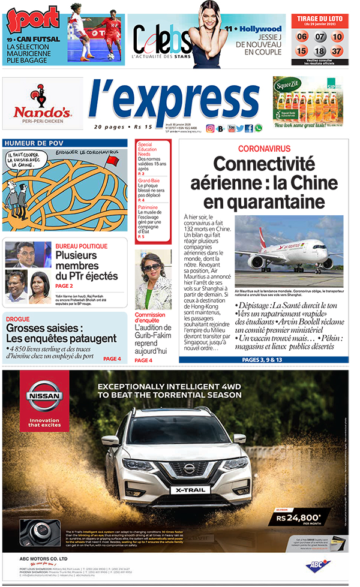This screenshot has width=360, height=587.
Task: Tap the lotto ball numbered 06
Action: click(x=302, y=37)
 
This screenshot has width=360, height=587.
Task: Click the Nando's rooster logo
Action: click(x=43, y=96)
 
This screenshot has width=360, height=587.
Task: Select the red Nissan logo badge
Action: click(x=40, y=396)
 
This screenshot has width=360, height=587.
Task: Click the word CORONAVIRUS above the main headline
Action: click(x=264, y=148)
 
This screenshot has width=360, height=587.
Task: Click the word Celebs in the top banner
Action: click(x=154, y=41)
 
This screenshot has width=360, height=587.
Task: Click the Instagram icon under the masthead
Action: click(x=210, y=128)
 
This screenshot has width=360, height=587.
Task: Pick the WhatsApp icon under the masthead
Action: click(x=259, y=128)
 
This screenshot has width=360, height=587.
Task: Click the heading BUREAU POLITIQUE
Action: click(x=82, y=246)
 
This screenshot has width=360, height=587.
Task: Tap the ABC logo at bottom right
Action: click(x=317, y=565)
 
